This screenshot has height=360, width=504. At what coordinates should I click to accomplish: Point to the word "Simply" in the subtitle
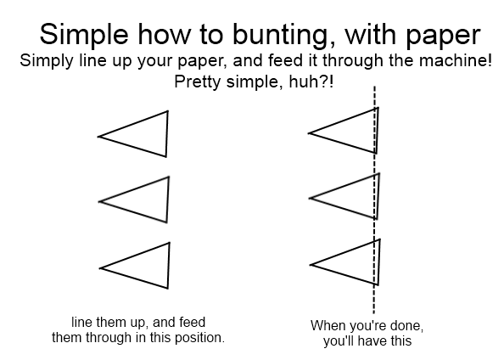coord(47,61)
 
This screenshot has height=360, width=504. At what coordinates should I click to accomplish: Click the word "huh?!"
coord(311,82)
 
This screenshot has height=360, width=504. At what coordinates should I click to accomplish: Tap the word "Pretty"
coord(198,82)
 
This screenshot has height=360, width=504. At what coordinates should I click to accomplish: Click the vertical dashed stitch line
coord(374,200)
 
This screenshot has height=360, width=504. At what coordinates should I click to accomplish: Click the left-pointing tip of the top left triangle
coord(98,137)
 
